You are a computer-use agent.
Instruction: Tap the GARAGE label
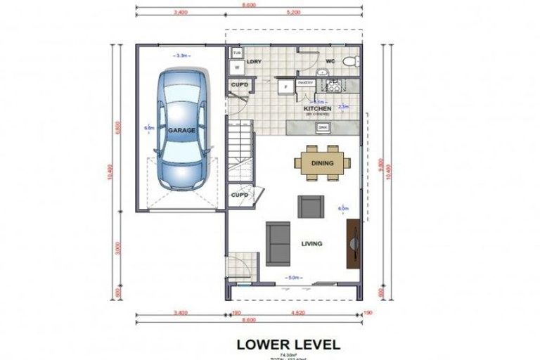181,131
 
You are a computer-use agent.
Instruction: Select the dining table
323,163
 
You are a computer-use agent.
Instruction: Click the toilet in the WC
349,62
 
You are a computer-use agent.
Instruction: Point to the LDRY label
255,62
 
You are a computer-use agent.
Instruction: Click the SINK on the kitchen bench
323,127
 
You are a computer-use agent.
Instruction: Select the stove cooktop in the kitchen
329,86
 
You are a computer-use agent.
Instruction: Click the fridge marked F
286,88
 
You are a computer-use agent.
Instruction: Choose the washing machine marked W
237,67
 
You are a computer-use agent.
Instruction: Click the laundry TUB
237,53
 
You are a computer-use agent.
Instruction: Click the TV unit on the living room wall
353,243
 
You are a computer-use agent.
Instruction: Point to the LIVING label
311,244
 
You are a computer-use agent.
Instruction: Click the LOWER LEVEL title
288,345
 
